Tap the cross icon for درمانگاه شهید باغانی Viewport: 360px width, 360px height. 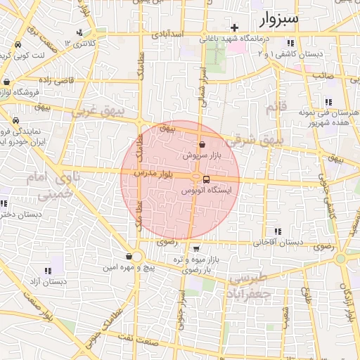pyautogui.click(x=234, y=28)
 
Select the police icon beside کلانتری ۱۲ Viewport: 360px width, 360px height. pyautogui.click(x=79, y=32)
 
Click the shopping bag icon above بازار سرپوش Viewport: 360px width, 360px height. pyautogui.click(x=202, y=144)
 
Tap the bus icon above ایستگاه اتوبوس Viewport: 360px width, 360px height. pyautogui.click(x=206, y=179)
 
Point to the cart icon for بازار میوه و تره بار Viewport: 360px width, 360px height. pyautogui.click(x=197, y=247)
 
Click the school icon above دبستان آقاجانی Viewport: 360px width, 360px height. pyautogui.click(x=278, y=231)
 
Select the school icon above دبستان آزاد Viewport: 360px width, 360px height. pyautogui.click(x=48, y=271)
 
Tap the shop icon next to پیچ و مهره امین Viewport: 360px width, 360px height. pyautogui.click(x=129, y=257)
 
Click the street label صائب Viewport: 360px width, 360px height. pyautogui.click(x=322, y=74)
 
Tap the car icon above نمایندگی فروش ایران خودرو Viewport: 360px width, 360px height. pyautogui.click(x=15, y=120)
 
